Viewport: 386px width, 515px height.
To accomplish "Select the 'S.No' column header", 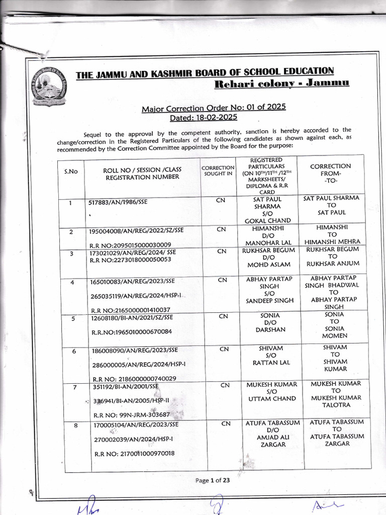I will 71,171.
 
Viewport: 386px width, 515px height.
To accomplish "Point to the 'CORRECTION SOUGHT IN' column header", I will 218,170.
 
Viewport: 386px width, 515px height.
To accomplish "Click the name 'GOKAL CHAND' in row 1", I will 267,220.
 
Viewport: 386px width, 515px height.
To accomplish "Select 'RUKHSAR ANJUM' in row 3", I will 333,264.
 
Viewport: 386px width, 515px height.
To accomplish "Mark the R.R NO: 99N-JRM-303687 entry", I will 131,415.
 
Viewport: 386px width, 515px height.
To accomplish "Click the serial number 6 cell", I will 73,351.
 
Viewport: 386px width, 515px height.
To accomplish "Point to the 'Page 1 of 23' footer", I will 213,480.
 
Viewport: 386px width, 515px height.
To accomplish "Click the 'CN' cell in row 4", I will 223,280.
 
